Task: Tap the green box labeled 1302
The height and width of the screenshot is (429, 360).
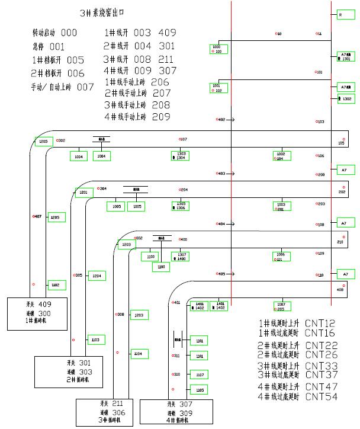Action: [x=345, y=99]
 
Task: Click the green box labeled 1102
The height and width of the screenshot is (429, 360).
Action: [x=56, y=285]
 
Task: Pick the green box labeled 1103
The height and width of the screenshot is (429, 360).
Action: [x=96, y=340]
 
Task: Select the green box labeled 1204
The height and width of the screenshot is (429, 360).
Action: [x=98, y=276]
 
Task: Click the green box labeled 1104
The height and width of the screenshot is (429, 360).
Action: [x=138, y=353]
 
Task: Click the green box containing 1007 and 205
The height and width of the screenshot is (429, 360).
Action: [x=280, y=306]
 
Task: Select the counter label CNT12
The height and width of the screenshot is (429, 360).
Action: [x=320, y=324]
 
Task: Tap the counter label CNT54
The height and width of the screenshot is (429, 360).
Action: [x=320, y=396]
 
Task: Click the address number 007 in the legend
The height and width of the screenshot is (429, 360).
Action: [x=85, y=87]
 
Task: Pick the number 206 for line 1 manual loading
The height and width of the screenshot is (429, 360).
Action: [x=160, y=82]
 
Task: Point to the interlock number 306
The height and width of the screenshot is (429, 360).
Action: [x=118, y=412]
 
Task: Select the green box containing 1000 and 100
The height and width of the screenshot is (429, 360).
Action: [x=218, y=49]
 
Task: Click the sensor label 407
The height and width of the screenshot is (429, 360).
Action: [x=37, y=217]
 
